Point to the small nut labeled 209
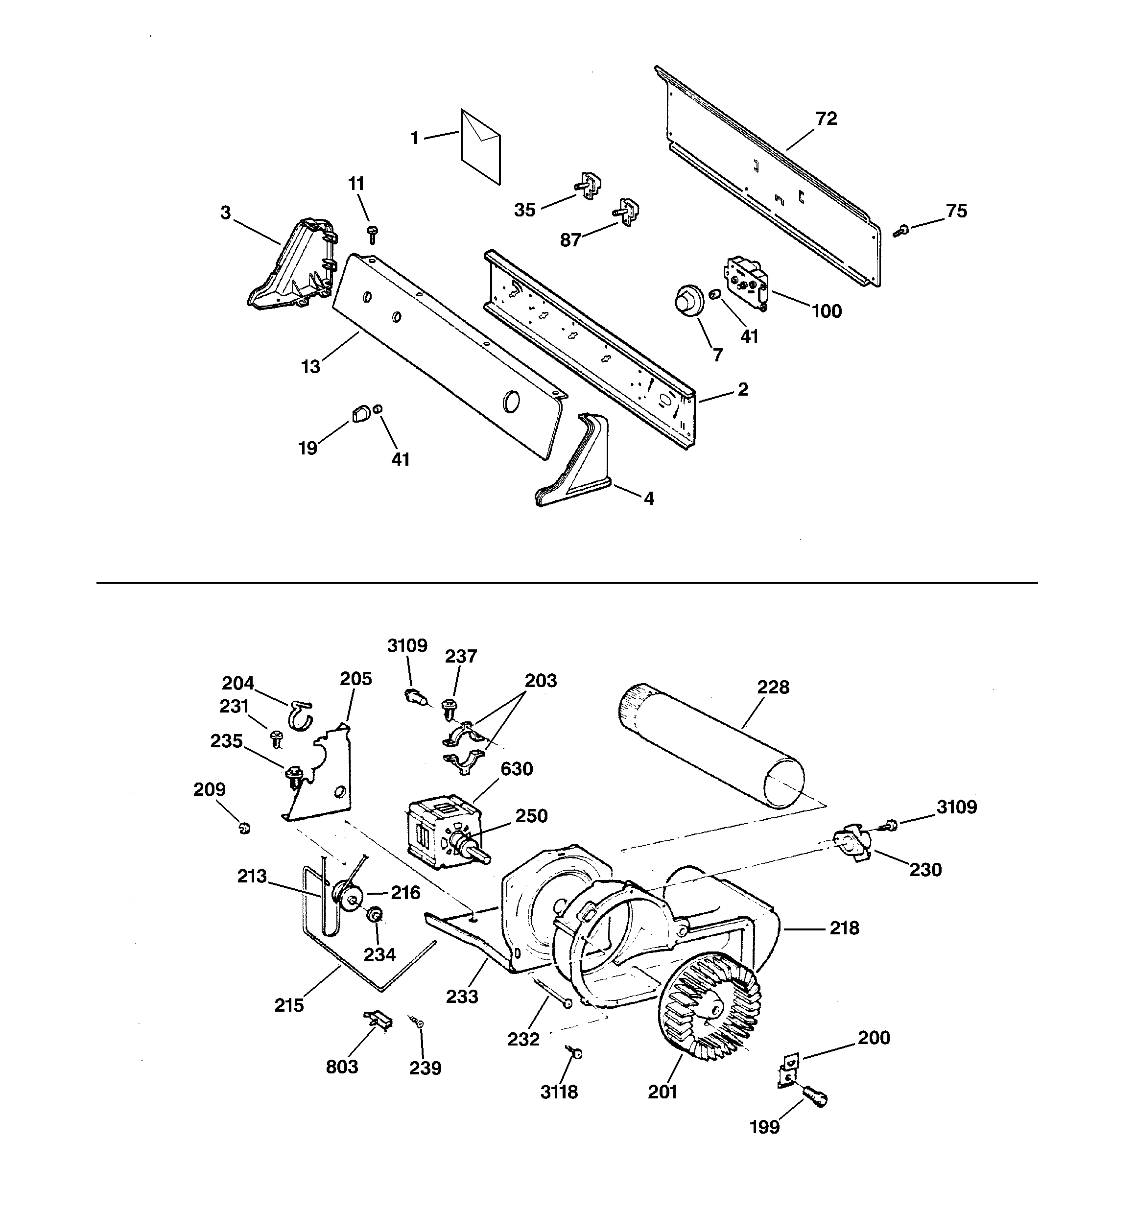tap(245, 829)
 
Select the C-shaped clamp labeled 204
tap(300, 713)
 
